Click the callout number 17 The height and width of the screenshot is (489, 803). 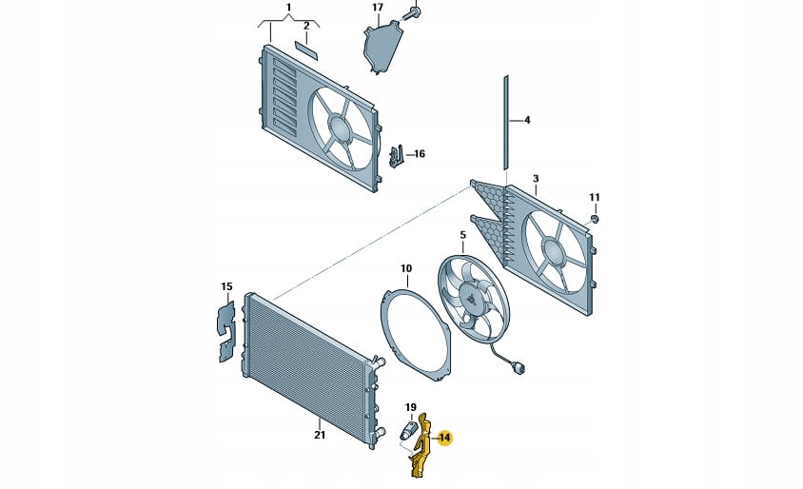[378, 8]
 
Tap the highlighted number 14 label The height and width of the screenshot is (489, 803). [444, 438]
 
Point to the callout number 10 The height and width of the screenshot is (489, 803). [405, 268]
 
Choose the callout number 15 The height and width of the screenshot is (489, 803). [226, 286]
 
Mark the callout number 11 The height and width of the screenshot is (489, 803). [595, 198]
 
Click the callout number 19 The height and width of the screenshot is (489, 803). [411, 408]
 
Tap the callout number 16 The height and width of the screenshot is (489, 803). [420, 153]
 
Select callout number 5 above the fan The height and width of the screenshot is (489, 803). [462, 234]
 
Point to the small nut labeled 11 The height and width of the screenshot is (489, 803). [594, 220]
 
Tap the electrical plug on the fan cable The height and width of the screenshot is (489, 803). [519, 369]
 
